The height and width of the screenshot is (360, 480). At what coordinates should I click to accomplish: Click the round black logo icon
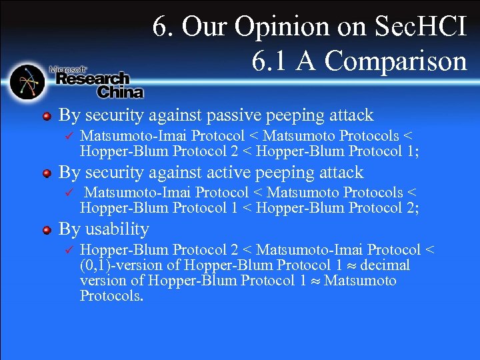pyautogui.click(x=27, y=81)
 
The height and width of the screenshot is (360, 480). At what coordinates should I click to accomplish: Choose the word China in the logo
pyautogui.click(x=120, y=91)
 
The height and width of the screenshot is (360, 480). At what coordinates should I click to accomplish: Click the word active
pyautogui.click(x=225, y=173)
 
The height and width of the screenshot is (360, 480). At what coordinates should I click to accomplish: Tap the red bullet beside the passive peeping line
pyautogui.click(x=46, y=117)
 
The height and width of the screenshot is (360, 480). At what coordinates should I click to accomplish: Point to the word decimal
pyautogui.click(x=385, y=265)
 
